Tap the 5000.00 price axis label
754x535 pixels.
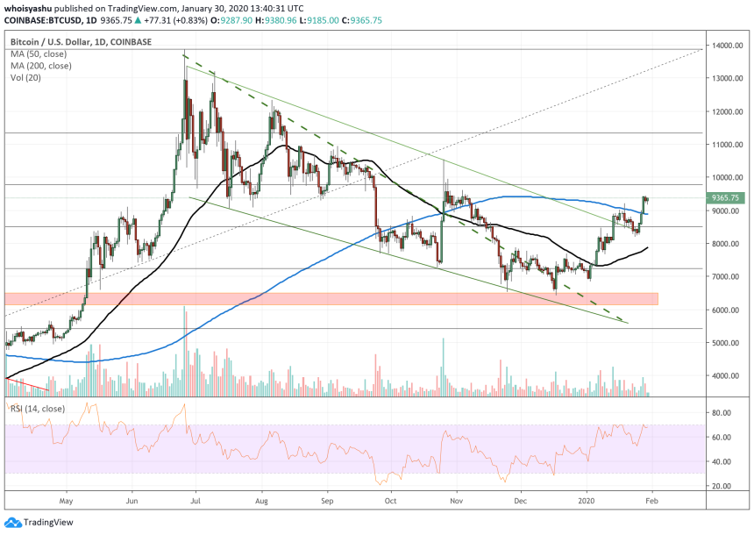pyautogui.click(x=728, y=343)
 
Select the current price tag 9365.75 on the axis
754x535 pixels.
pyautogui.click(x=727, y=198)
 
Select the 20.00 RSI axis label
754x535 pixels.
pyautogui.click(x=722, y=485)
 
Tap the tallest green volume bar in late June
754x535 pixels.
pyautogui.click(x=184, y=351)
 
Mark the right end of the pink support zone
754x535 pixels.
pyautogui.click(x=657, y=299)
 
